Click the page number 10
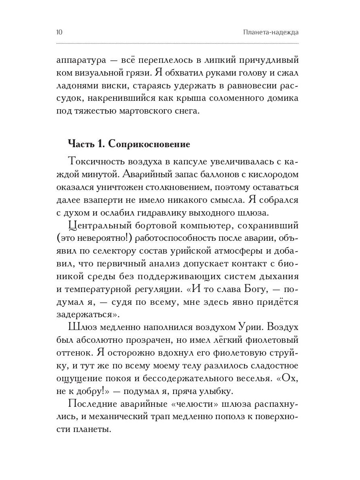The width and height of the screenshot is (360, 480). coord(61,32)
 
